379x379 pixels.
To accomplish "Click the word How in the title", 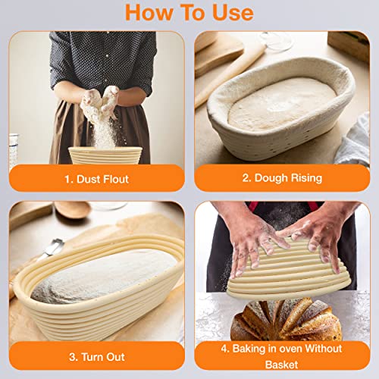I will (x=149, y=13).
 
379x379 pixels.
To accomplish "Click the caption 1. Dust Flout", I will (x=96, y=179).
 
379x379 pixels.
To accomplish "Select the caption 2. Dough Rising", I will (x=282, y=178).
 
